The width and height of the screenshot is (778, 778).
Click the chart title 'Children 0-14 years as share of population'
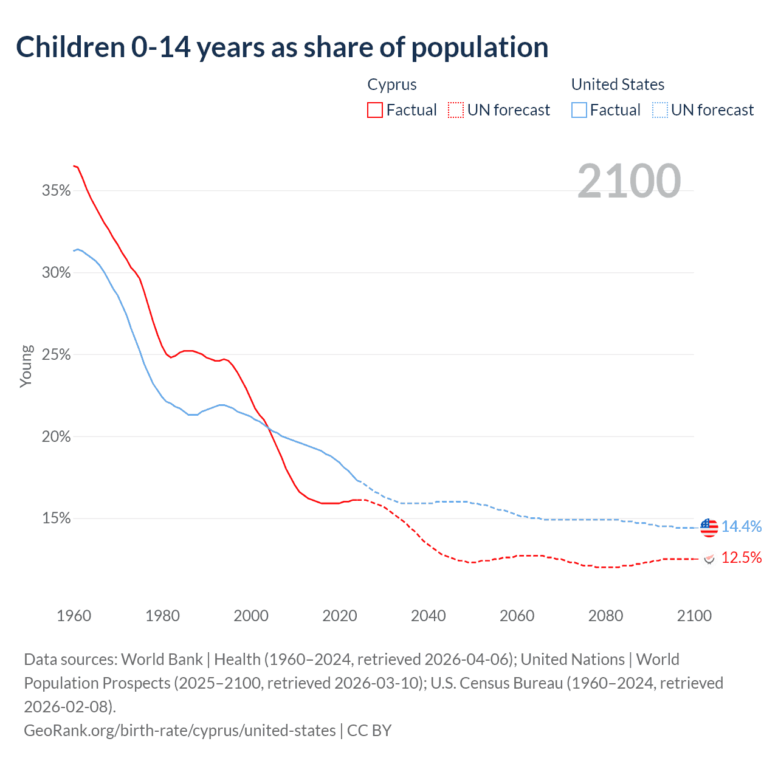(x=282, y=47)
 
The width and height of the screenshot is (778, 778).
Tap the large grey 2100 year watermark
(x=628, y=181)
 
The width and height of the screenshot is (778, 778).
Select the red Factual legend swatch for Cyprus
(x=375, y=110)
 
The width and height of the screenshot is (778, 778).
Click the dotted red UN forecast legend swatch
(x=456, y=110)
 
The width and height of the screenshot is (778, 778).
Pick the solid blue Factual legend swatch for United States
(x=579, y=110)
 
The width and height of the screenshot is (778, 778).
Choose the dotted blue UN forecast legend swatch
(x=660, y=110)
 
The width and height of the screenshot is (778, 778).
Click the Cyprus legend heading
(x=392, y=84)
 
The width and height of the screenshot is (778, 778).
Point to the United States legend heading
(x=618, y=84)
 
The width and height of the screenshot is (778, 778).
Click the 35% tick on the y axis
(x=57, y=191)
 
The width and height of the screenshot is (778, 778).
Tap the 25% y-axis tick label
(x=57, y=355)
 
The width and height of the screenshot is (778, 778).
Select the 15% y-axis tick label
(x=57, y=518)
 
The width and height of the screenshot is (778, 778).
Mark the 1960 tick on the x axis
(x=74, y=616)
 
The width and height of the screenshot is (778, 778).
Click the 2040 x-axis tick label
(x=428, y=616)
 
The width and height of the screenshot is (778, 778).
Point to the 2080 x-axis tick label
(x=605, y=616)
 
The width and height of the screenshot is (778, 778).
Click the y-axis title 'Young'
(x=26, y=366)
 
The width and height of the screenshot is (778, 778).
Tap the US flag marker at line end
(x=709, y=527)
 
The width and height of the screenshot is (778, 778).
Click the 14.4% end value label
(x=742, y=527)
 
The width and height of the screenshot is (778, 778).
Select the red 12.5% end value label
(x=742, y=558)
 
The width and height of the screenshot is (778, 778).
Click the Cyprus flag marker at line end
(x=709, y=558)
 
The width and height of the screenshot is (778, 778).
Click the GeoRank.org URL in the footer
(x=180, y=730)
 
